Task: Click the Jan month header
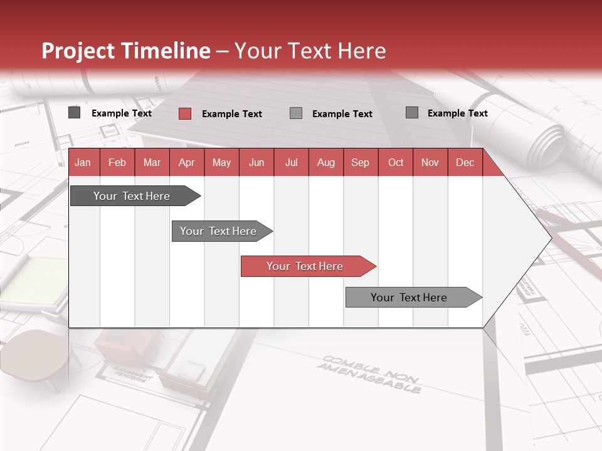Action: coord(83,162)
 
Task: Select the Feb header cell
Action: coord(117,162)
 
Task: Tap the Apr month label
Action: coord(186,162)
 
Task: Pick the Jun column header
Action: coord(256,162)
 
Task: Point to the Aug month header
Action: coord(325,162)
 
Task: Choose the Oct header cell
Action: coord(396,162)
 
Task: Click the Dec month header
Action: coord(465,162)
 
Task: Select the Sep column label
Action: coord(360,162)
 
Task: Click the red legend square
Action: coord(184,113)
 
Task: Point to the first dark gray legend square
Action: coord(74,113)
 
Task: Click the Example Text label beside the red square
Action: coord(231,114)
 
